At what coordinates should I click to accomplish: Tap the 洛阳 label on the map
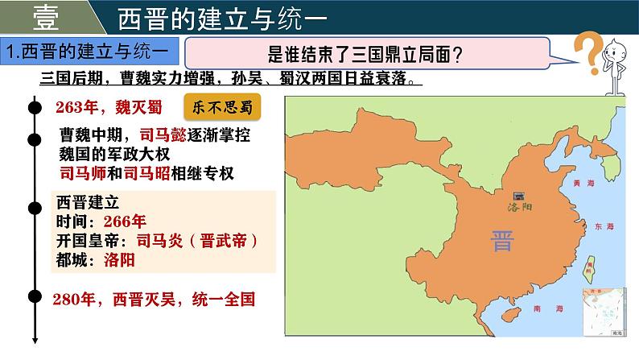click(521, 207)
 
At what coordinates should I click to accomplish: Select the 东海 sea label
click(604, 228)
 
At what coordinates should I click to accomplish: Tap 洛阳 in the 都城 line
click(121, 259)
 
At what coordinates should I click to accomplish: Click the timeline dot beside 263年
click(34, 105)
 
